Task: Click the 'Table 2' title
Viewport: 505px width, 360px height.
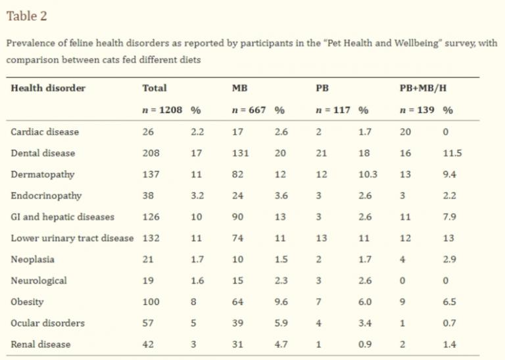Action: (27, 16)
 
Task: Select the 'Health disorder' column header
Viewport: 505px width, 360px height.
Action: (48, 88)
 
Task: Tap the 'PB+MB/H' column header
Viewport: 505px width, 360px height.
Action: (423, 88)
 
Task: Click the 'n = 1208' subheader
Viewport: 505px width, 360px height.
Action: (162, 110)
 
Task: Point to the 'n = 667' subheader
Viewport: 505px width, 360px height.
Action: (249, 110)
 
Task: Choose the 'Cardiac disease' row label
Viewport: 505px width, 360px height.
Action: (45, 132)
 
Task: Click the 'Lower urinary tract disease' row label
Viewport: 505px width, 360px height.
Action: (72, 238)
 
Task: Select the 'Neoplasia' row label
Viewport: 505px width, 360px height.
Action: (32, 259)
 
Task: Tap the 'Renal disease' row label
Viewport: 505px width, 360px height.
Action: (41, 344)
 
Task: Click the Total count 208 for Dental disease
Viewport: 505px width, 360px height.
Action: (151, 153)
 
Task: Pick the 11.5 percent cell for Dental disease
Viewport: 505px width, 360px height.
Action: (452, 153)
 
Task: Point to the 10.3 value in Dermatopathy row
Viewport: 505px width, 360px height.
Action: (368, 174)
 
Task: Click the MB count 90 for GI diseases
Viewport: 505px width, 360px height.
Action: (237, 217)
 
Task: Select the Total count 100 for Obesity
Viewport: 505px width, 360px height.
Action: (151, 302)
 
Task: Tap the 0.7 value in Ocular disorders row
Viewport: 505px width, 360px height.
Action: (449, 323)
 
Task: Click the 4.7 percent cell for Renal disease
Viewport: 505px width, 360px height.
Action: (281, 344)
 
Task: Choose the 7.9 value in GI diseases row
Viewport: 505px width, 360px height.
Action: (449, 217)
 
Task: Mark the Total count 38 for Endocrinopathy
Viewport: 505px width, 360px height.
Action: (148, 196)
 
